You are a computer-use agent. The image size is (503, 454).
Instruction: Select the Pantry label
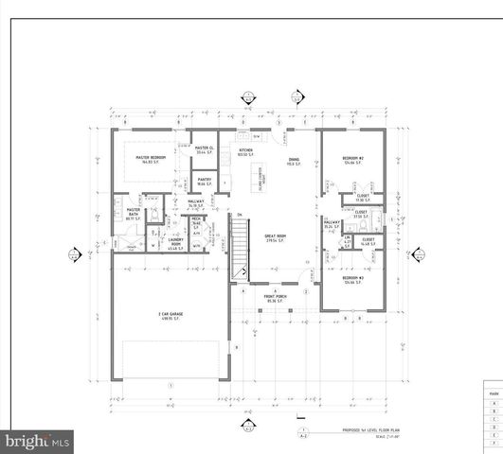(x=204, y=182)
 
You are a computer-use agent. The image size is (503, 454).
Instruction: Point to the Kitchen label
(x=245, y=151)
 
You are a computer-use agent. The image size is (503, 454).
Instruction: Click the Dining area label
(x=294, y=162)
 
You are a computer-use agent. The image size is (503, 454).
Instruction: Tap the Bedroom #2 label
(x=354, y=161)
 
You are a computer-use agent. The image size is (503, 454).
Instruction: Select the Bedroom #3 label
(x=354, y=280)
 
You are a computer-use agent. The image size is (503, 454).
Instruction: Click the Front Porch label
(x=276, y=298)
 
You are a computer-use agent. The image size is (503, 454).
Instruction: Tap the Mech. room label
(x=197, y=222)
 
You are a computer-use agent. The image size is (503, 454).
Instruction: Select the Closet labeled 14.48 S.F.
(x=368, y=242)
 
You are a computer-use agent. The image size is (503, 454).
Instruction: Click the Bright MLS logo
(x=37, y=441)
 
